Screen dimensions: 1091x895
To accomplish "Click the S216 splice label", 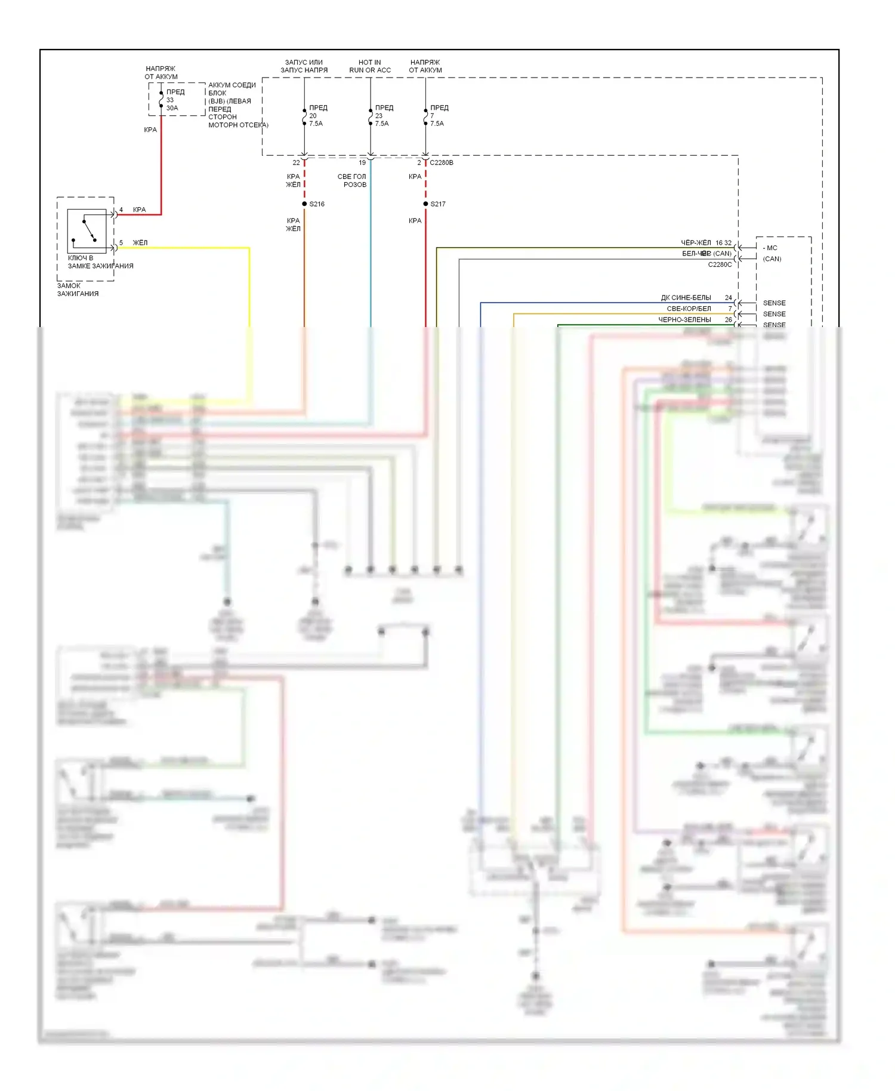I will click(317, 204).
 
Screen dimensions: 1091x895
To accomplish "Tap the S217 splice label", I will click(438, 204).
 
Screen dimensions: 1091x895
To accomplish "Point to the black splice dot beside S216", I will click(304, 204).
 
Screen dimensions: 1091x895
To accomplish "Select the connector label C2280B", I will click(442, 162).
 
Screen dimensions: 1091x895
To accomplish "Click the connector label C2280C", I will click(720, 264).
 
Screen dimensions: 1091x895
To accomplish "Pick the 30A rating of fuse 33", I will click(172, 108).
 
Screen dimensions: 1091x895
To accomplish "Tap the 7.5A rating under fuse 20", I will click(316, 124).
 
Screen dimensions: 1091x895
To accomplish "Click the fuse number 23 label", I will click(379, 116).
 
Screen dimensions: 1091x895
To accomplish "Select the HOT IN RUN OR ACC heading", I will click(370, 66).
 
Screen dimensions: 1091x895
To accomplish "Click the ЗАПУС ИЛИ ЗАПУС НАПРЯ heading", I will click(304, 66).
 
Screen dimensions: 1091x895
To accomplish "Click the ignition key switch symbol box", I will click(87, 231).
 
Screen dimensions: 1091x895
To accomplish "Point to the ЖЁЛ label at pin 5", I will click(140, 243).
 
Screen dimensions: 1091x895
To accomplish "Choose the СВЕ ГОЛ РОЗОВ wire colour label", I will click(352, 180).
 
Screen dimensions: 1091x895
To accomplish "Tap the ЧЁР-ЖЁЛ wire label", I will click(696, 243).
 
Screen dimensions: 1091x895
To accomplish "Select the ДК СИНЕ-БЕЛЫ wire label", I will click(686, 298).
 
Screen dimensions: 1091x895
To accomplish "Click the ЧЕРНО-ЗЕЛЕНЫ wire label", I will click(684, 320).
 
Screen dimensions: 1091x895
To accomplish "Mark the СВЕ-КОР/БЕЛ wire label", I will click(689, 309).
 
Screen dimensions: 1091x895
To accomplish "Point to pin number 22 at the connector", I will click(296, 162).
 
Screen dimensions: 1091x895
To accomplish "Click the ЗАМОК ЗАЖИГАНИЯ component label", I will click(78, 289).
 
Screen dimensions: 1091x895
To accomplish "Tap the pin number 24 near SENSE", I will click(728, 298).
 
